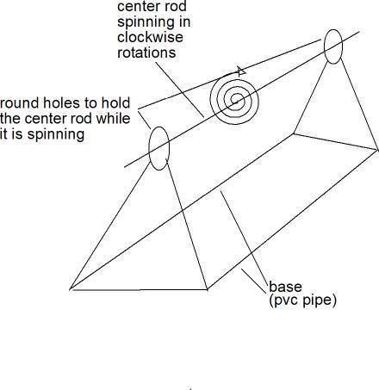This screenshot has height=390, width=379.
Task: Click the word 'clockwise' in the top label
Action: [x=150, y=37]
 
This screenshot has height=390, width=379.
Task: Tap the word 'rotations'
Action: [x=146, y=53]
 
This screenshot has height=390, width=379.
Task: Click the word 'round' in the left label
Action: [x=19, y=103]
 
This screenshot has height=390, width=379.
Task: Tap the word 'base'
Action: [x=285, y=287]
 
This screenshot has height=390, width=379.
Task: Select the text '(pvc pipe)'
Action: [x=302, y=300]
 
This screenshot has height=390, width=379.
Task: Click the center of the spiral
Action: [x=236, y=101]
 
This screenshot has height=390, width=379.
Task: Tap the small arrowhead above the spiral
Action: [x=241, y=71]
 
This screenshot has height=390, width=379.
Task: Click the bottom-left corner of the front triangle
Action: [x=70, y=289]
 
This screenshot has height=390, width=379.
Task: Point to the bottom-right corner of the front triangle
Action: [x=208, y=289]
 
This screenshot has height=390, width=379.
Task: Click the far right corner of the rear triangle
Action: [x=377, y=149]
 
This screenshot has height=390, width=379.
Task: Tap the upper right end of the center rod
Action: [x=359, y=32]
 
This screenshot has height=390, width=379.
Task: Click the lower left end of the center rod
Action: [x=124, y=167]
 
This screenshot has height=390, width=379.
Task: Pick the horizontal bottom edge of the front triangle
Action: [x=139, y=289]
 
